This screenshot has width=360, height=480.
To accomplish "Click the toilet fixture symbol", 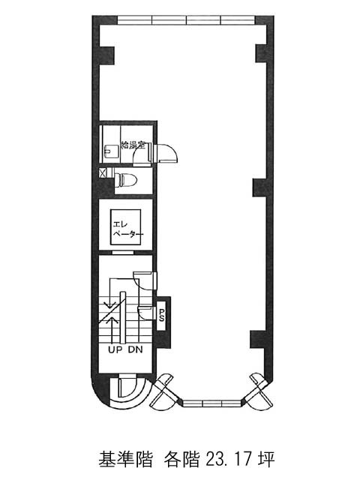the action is (x=125, y=180).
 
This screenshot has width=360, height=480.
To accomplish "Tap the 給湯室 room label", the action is (x=133, y=145).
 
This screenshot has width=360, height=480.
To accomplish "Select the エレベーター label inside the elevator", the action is (x=127, y=229).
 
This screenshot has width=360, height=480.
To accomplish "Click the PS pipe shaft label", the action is (x=161, y=315).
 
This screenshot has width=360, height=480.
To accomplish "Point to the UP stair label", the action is (x=115, y=349).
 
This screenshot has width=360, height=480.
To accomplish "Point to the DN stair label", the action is (x=135, y=349).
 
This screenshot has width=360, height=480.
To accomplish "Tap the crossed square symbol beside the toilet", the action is (x=102, y=172).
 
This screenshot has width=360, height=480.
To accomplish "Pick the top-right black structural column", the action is (x=262, y=53).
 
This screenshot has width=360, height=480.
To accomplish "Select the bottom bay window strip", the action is (x=212, y=403).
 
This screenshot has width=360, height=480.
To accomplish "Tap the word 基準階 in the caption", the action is (x=125, y=459).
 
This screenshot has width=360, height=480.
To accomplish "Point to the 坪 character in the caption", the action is (x=266, y=459).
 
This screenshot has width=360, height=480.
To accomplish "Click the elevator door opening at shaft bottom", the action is (x=122, y=253).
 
